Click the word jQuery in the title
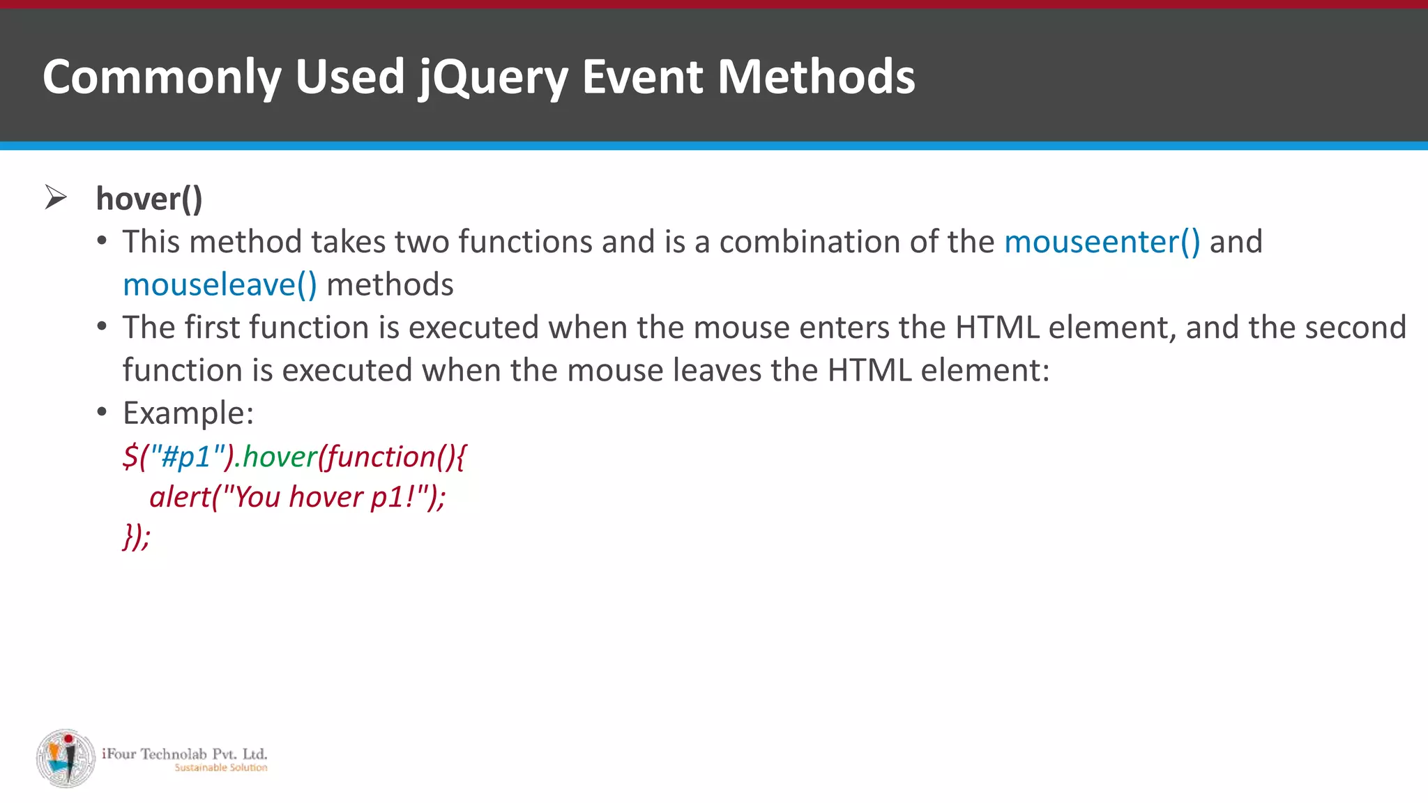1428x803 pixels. point(493,77)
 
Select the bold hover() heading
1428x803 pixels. point(149,199)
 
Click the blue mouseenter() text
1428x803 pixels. point(1102,242)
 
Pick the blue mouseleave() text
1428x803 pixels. point(220,285)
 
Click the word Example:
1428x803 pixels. point(188,413)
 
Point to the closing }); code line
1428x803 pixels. point(137,537)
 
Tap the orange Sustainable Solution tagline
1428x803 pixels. point(220,768)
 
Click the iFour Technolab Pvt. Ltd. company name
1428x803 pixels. point(185,754)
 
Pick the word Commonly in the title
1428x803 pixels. point(162,77)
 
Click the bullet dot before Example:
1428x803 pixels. point(102,412)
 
